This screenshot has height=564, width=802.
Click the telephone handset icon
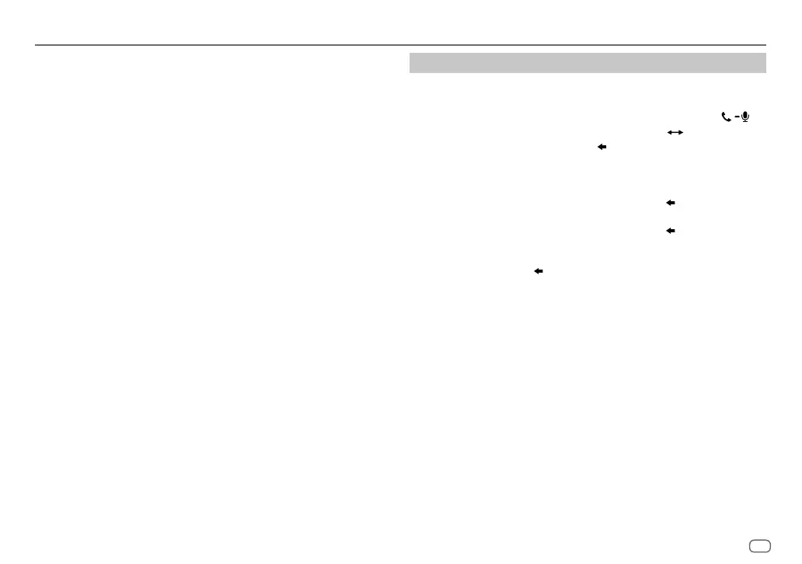tap(727, 117)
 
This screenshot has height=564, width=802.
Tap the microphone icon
tap(745, 117)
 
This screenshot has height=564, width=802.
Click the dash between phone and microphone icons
tap(736, 117)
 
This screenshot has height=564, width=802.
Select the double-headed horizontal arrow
tap(675, 132)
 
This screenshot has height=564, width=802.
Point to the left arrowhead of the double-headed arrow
tap(669, 132)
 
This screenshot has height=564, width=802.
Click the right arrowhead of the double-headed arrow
tap(680, 132)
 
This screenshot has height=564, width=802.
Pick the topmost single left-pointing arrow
tap(601, 146)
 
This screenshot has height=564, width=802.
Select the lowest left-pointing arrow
tap(537, 271)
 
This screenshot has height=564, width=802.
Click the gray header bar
tap(588, 63)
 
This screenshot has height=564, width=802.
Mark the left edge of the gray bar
tap(411, 63)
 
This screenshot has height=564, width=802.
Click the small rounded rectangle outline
tap(760, 545)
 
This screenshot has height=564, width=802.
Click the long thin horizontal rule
tap(400, 45)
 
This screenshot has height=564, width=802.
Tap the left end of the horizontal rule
tap(37, 45)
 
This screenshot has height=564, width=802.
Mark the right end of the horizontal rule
tap(765, 45)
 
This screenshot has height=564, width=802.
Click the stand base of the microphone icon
tap(745, 122)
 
